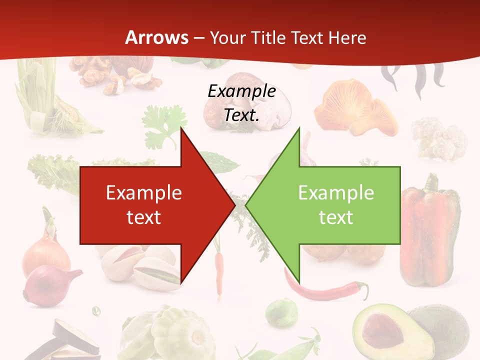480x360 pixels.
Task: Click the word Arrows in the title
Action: (156, 37)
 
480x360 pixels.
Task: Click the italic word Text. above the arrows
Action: (241, 115)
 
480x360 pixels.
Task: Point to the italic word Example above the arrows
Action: (241, 91)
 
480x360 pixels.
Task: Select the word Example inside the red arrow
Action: (144, 193)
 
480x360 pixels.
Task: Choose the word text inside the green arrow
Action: (336, 217)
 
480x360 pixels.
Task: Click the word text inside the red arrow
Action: (144, 217)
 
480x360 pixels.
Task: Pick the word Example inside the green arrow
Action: (336, 193)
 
